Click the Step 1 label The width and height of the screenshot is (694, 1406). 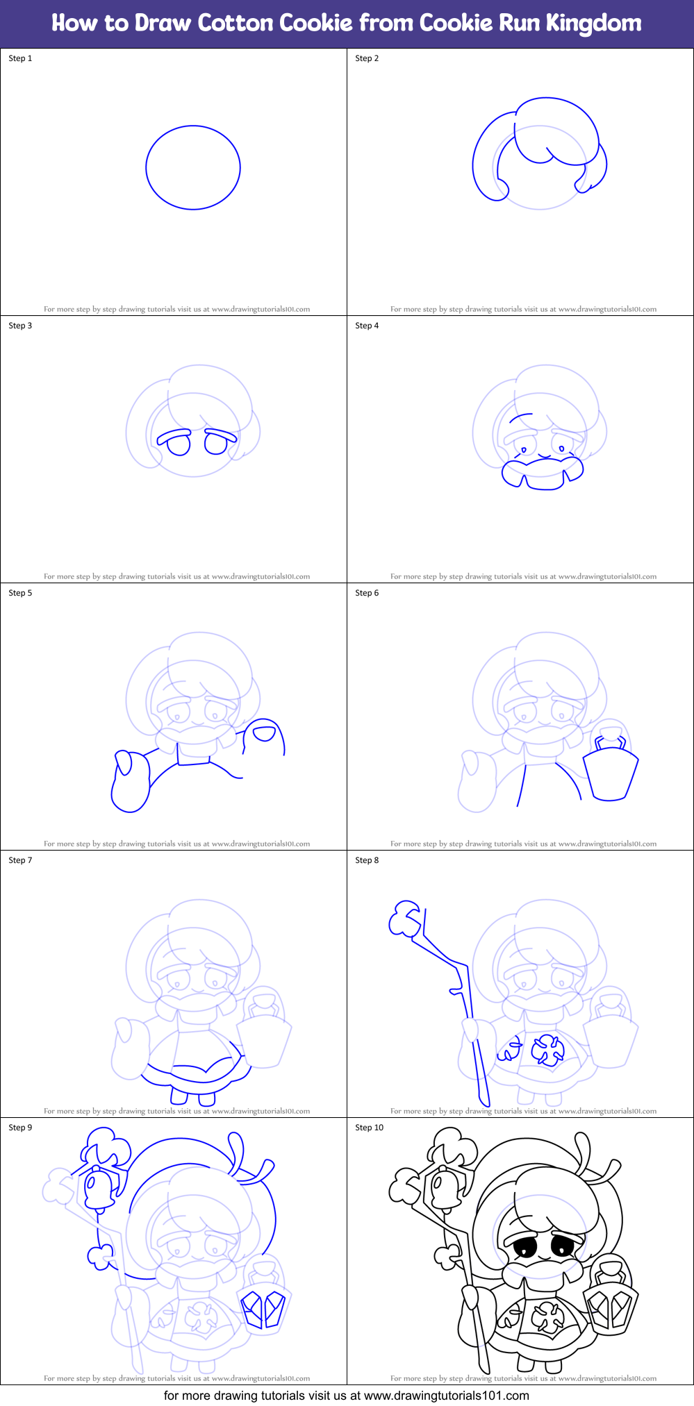pos(20,58)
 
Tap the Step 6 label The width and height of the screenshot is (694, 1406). pos(367,593)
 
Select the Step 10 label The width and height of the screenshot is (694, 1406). pos(369,1128)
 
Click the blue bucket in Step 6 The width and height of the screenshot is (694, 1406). pos(610,774)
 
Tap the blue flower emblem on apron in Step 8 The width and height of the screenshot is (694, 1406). pos(548,1050)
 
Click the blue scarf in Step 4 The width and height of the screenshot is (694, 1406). pos(543,473)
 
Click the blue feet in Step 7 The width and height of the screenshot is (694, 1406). pos(192,1098)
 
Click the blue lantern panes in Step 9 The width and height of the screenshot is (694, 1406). pos(263,1307)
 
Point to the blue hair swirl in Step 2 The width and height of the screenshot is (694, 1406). pos(556,132)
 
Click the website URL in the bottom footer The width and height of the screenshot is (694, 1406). pos(446,1396)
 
